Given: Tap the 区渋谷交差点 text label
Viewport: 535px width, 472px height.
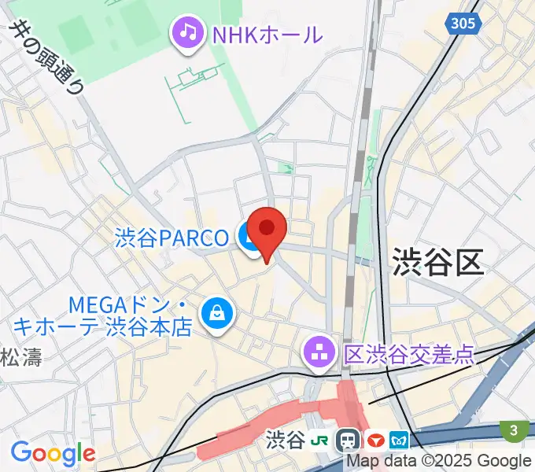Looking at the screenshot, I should [409, 354].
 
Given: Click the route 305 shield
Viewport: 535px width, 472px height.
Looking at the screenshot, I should [463, 24].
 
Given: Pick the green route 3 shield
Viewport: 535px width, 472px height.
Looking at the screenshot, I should [514, 430].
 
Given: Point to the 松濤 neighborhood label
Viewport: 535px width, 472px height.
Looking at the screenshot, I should [20, 356].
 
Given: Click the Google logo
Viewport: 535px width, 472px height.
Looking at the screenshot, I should [52, 453].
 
